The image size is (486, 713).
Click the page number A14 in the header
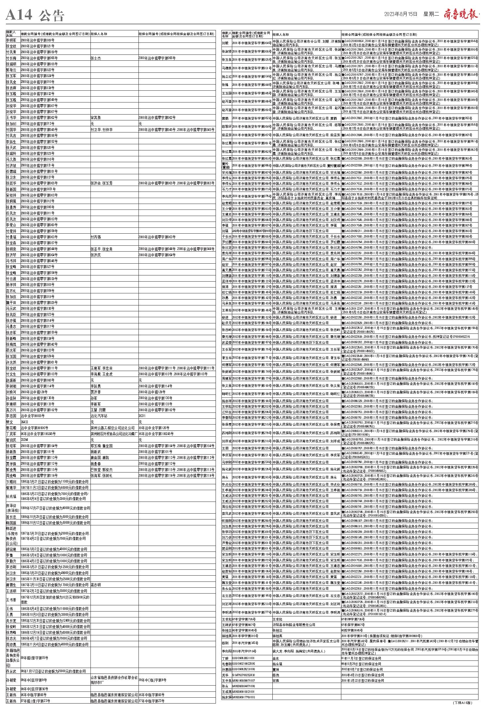coord(19,14)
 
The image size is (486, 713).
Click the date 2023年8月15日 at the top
coord(401,14)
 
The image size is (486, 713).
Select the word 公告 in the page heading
coord(51,15)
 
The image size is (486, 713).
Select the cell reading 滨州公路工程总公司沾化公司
coord(112,427)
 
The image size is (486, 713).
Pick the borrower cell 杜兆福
coord(11,496)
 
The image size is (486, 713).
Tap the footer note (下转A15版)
coord(462,702)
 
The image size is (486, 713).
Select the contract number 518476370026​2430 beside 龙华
coord(243,675)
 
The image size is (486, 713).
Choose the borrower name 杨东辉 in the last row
coord(226,697)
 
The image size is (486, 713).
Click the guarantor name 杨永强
coord(277,664)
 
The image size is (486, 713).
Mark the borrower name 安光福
coord(226,173)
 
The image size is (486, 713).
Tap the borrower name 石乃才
coord(226,189)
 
